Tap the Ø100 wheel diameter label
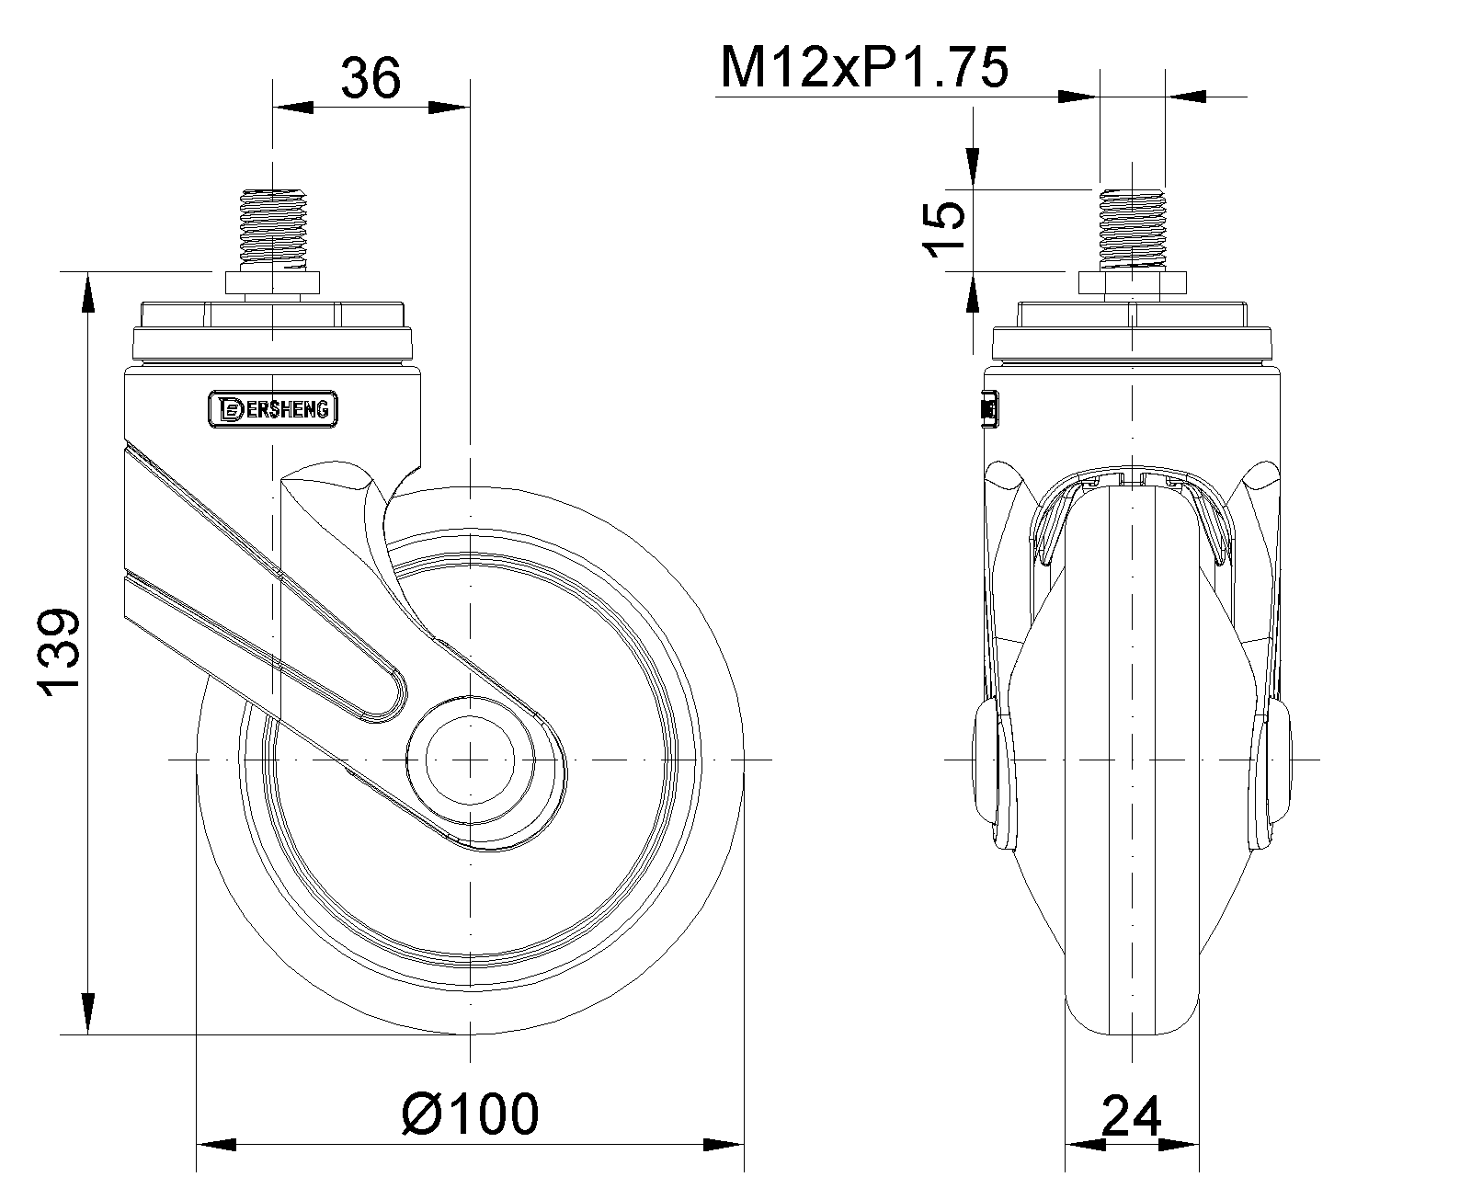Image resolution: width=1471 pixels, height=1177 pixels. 471,1114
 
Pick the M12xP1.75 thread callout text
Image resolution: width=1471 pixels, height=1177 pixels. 864,68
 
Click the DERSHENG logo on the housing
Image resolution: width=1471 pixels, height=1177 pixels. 273,409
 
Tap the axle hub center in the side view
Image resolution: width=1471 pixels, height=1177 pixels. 470,760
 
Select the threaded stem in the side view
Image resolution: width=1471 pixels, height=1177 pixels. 273,231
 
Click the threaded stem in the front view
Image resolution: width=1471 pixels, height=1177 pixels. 1132,231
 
